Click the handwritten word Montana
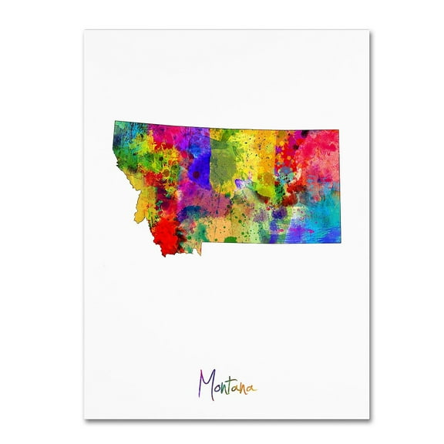tap(227, 383)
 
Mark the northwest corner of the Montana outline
tap(114, 121)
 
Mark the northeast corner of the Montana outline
tap(340, 131)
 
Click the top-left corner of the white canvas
tap(84, 30)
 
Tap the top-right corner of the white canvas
tap(368, 30)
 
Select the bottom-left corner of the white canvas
tap(84, 419)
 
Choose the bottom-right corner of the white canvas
tap(368, 419)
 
